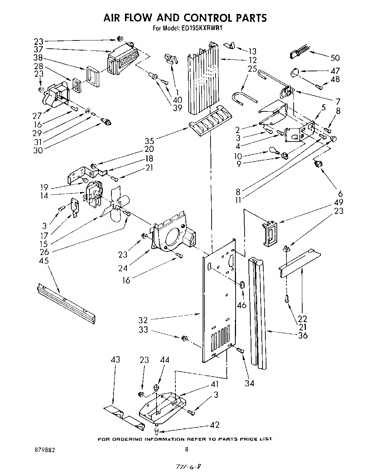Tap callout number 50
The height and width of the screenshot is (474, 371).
point(335,58)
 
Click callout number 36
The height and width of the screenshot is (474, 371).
point(302,335)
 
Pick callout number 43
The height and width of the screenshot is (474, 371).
point(115,360)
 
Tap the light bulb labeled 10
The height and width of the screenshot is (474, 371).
point(272,151)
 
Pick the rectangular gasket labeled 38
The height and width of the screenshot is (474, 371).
point(93,77)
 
